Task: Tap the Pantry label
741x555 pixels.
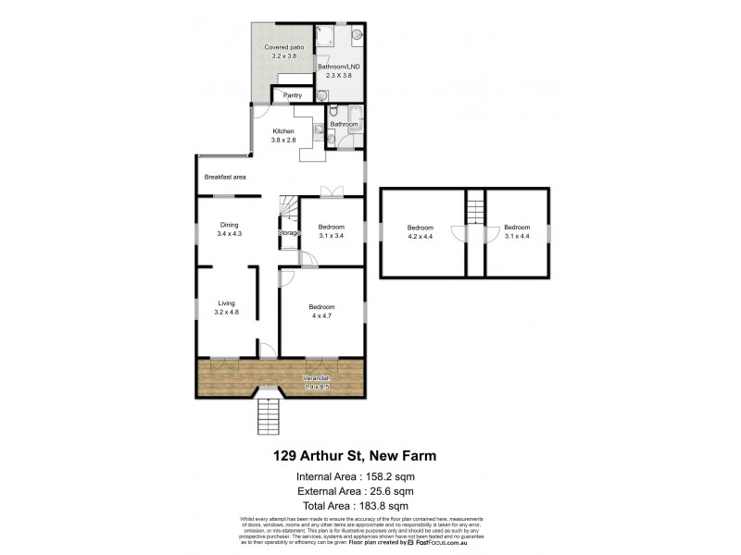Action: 293,95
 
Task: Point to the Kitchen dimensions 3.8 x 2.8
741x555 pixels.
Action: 283,140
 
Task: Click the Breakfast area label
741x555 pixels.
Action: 225,177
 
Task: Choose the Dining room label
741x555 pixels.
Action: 229,224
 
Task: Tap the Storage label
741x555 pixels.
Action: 289,233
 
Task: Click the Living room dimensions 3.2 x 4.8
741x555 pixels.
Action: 228,313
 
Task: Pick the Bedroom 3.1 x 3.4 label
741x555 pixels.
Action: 332,228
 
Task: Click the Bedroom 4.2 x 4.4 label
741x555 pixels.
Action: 421,228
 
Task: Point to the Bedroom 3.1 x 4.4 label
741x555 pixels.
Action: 517,228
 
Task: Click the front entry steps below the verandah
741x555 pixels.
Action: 267,414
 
